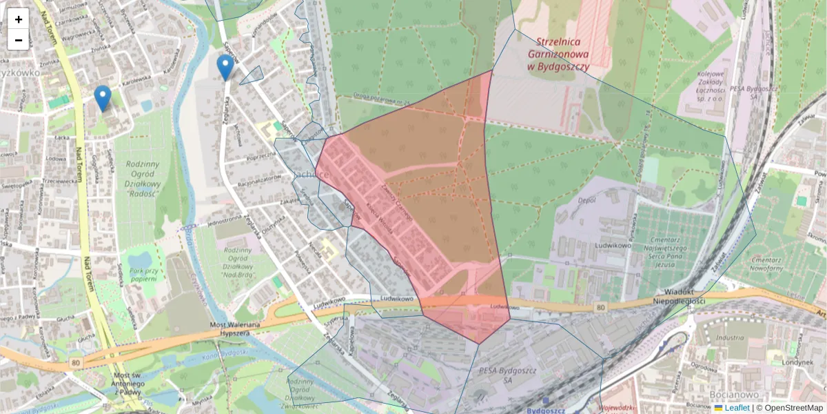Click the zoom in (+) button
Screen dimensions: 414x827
coord(19,19)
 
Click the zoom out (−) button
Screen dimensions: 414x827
coord(19,40)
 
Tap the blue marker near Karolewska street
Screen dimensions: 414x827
coord(103,99)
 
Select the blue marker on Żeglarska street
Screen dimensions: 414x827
coord(225,68)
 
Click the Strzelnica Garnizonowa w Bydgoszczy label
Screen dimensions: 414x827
coord(558,54)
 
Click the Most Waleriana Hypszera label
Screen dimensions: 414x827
coord(234,329)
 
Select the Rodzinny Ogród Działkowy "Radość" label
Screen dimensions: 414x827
coord(144,178)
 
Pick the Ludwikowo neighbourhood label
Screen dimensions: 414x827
coord(611,245)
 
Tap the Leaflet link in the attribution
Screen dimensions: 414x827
coord(737,408)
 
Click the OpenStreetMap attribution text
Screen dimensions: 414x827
coord(793,408)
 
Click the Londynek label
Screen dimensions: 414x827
coord(798,362)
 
